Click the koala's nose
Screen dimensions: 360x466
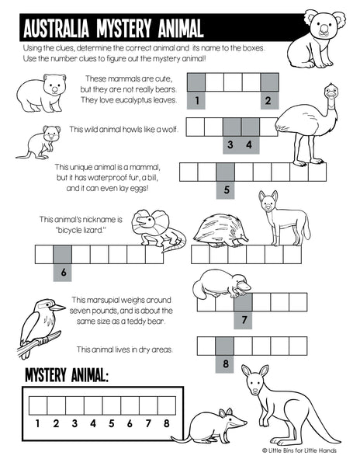click(324, 29)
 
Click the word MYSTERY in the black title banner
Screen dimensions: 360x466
click(124, 29)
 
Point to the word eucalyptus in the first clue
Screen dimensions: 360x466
click(133, 100)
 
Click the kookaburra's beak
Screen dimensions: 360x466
click(57, 308)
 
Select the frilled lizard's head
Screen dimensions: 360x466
click(145, 221)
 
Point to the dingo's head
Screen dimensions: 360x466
click(268, 201)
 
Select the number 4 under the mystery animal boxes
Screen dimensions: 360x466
click(93, 423)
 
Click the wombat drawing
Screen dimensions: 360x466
click(41, 93)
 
